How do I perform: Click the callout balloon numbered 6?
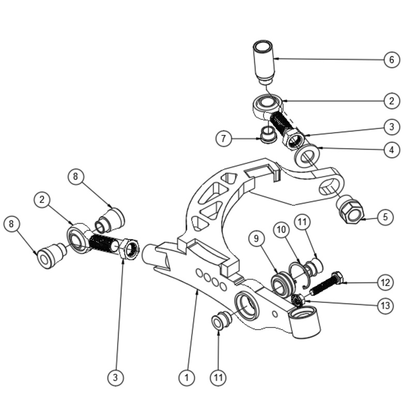coord(392,60)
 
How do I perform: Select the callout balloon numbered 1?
coord(187,378)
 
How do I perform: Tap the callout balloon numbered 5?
coord(385,217)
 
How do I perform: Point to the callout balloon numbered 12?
coord(385,283)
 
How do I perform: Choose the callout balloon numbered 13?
coord(385,306)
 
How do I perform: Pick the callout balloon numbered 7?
coord(224,139)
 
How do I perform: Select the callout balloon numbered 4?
coord(392,150)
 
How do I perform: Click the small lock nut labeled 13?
coord(297,300)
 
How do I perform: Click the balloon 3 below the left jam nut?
coord(115,378)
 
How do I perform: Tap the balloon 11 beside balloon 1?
coord(219,378)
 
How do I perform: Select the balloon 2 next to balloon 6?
coord(392,100)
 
